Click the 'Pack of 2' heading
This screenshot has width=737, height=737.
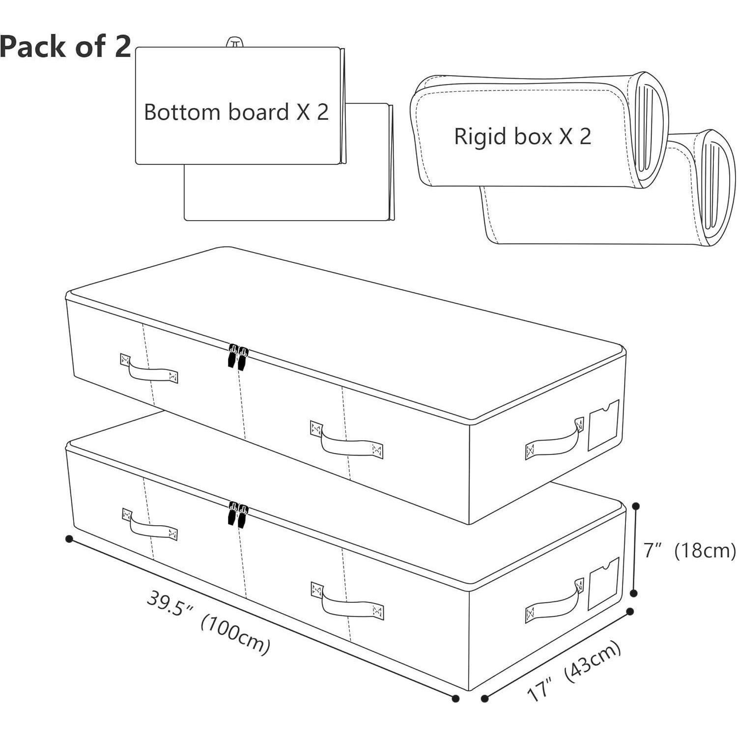(x=65, y=47)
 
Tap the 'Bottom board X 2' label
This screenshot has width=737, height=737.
(x=236, y=112)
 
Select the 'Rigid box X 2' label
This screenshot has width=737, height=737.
(x=523, y=136)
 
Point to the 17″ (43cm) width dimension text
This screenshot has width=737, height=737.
(x=574, y=671)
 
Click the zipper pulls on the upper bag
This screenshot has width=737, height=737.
(x=237, y=356)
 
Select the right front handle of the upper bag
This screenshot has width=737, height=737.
(x=347, y=440)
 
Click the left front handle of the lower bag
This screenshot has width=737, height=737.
(x=149, y=524)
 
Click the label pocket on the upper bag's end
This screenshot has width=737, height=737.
(x=603, y=425)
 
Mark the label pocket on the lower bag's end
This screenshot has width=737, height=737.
(x=603, y=584)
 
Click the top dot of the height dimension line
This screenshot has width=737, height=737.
(x=636, y=506)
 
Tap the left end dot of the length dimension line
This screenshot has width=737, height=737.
(x=69, y=539)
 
